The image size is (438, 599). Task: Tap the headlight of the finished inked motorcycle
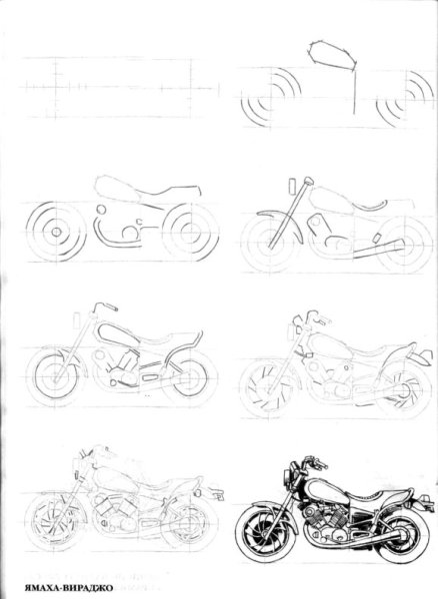click(287, 478)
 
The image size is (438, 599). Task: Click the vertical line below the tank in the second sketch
click(354, 92)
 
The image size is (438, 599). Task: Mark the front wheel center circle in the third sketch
click(56, 232)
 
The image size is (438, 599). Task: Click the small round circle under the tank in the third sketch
click(101, 210)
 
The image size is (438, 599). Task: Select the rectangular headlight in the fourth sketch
click(292, 187)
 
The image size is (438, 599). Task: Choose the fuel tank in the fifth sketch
click(119, 335)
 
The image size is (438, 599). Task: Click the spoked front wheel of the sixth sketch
click(268, 389)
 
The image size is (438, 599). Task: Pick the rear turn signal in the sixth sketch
click(423, 358)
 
